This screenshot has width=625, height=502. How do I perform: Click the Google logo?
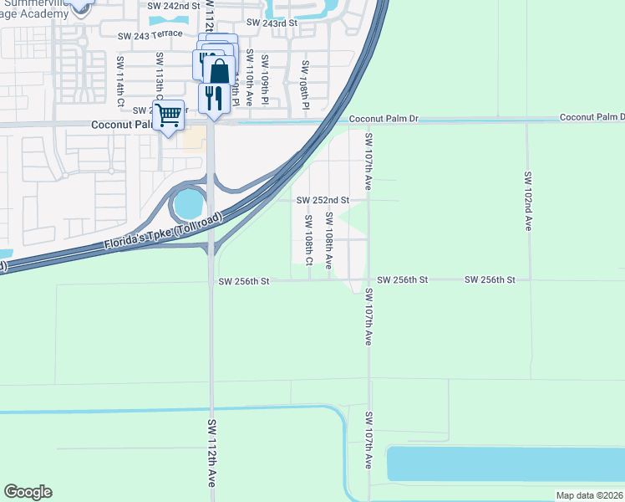click(x=28, y=492)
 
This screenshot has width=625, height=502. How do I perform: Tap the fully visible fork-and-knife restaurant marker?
click(x=214, y=98)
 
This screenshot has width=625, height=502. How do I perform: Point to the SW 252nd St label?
click(x=323, y=200)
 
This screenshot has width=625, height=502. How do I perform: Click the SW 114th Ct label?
click(x=121, y=81)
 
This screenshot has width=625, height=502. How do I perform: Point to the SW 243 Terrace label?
click(x=150, y=35)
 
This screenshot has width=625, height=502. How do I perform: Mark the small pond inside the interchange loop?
click(x=189, y=202)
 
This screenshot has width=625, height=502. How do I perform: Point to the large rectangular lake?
click(x=506, y=464)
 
